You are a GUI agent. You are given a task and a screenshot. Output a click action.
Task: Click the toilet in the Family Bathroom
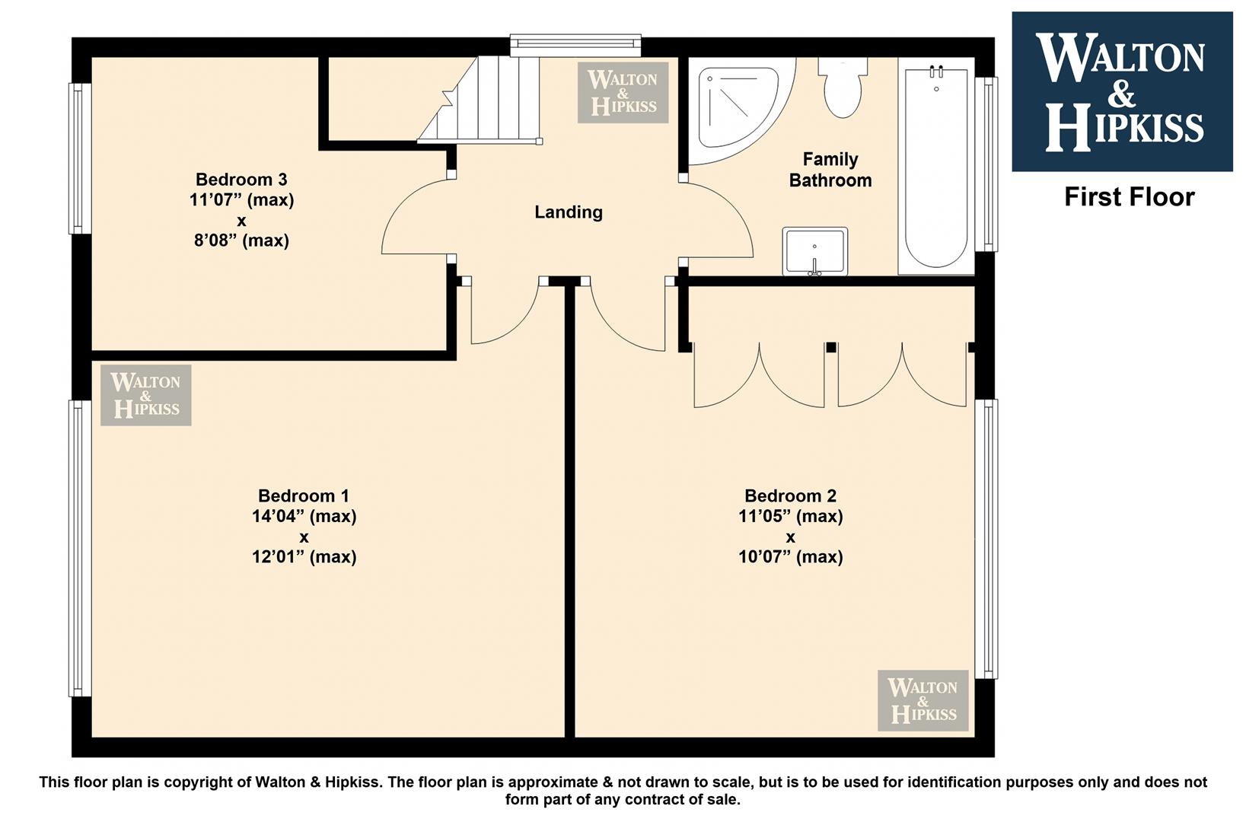point(843,88)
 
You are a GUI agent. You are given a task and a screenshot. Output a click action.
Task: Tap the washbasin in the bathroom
point(815,251)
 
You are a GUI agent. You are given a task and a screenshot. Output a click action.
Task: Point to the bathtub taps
point(937,72)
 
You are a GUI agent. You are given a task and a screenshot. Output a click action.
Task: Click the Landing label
point(569,212)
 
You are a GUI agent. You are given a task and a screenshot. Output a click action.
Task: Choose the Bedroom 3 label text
point(241,179)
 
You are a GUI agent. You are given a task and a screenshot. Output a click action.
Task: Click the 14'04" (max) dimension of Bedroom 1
point(304,516)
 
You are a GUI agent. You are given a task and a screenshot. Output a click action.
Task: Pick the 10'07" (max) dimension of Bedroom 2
point(790,556)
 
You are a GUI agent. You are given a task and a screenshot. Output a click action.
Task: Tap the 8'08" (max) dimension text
point(241,241)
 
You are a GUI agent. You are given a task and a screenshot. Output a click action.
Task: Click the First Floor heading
point(1130,197)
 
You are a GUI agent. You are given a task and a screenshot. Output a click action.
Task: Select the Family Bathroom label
point(830,170)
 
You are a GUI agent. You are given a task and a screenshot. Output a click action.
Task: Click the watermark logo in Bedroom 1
point(145,396)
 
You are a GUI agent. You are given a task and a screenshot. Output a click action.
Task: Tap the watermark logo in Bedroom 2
point(923,700)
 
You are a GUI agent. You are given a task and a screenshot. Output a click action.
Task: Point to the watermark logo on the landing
point(623,92)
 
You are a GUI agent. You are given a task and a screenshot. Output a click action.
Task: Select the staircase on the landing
point(480,100)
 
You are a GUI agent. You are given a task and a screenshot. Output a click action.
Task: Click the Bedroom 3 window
point(80,158)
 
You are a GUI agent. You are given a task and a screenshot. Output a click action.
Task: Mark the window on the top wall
point(575,46)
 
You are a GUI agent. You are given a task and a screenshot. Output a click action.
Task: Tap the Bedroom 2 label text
point(790,495)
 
